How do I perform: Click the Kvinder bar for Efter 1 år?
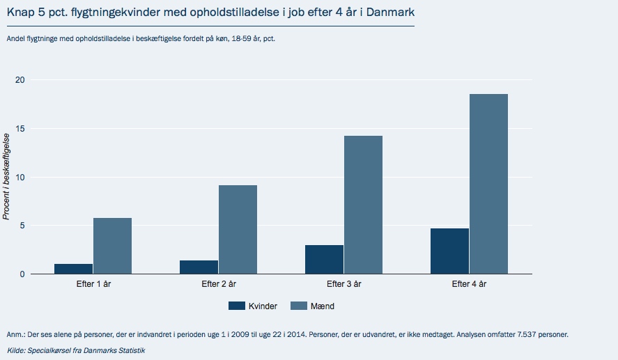[74, 269]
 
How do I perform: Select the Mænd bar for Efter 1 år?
[112, 246]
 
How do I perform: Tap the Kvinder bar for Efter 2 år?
[199, 267]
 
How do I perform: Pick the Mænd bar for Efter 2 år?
[238, 230]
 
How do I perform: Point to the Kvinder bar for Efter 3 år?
[324, 260]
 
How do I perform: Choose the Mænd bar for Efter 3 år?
[363, 205]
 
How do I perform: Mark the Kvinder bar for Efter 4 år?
[449, 251]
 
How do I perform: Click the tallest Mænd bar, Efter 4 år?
[488, 184]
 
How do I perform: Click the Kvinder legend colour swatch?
[237, 306]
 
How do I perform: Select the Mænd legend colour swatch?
[298, 306]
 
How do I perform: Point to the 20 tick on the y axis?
[20, 80]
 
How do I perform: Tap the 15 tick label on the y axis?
[20, 129]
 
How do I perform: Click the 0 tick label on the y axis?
[22, 274]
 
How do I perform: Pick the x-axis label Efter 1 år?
[93, 284]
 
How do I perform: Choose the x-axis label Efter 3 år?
[343, 284]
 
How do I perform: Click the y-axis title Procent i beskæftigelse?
[6, 177]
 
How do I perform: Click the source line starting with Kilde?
[76, 349]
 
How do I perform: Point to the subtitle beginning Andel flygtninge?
[149, 38]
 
